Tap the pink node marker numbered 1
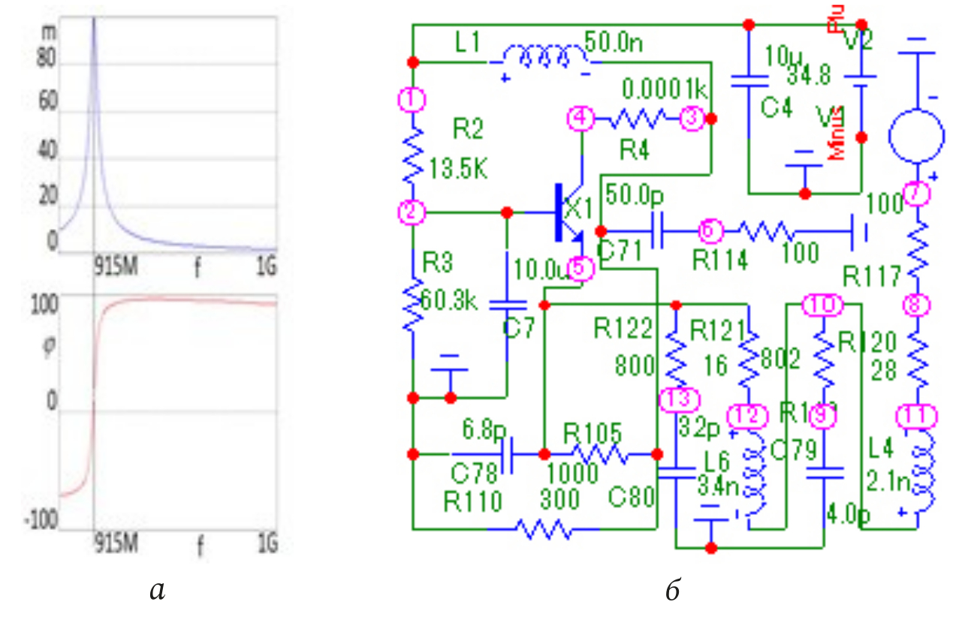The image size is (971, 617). [x=412, y=99]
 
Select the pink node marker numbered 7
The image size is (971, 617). [x=917, y=194]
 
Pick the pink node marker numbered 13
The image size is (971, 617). [x=678, y=399]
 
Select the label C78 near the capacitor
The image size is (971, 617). [x=475, y=475]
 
